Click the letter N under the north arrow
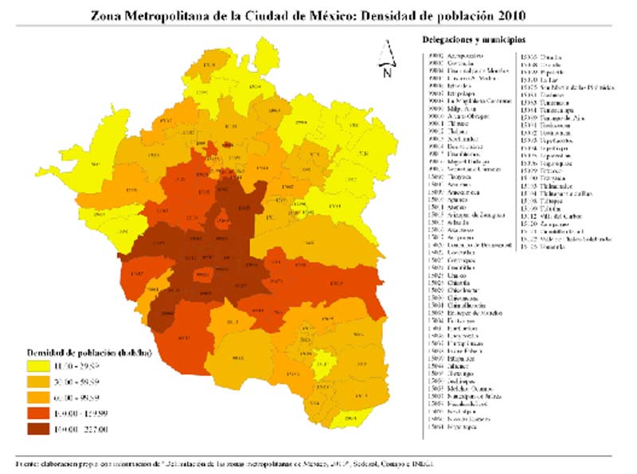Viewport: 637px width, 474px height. coord(386,73)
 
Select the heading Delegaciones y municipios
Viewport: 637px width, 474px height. coord(473,39)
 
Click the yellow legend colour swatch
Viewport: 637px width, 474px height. coord(38,366)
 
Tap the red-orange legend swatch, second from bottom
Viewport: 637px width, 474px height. coord(38,413)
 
